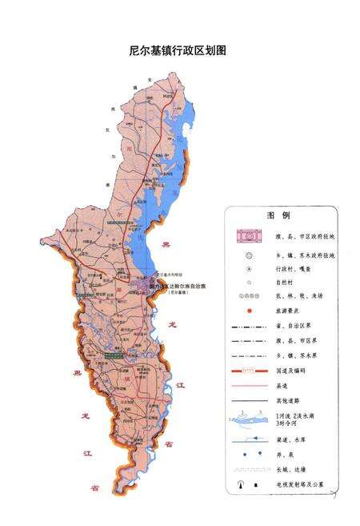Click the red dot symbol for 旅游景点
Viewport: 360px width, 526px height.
coord(249,310)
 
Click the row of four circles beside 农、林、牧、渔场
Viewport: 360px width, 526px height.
coord(249,296)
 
